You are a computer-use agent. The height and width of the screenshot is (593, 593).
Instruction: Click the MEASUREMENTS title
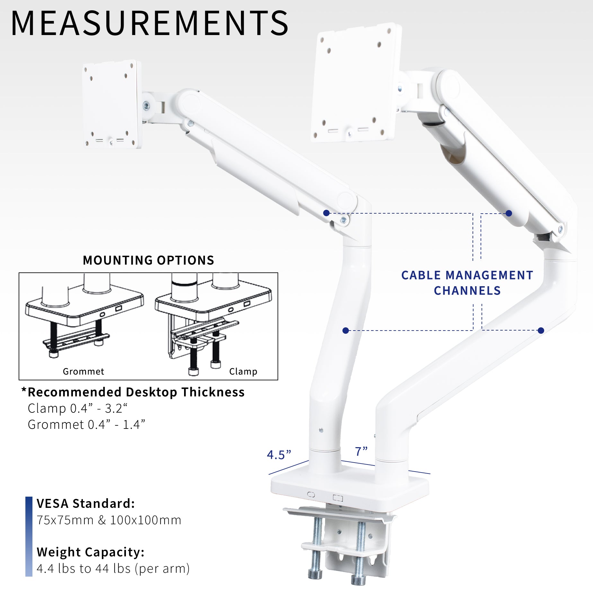coord(149,23)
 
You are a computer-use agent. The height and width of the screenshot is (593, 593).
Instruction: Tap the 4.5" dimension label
coord(279,455)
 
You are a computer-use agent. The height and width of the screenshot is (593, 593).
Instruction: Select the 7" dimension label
coord(361,451)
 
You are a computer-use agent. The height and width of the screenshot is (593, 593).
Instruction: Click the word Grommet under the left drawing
coord(84,371)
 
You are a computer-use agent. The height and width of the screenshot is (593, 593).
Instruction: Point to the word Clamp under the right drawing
coord(243,371)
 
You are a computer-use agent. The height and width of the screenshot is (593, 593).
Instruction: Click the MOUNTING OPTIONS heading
coord(148,260)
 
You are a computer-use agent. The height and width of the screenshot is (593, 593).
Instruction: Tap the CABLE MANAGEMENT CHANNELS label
coord(467,283)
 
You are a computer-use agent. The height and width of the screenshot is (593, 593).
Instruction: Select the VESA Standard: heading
coord(86,504)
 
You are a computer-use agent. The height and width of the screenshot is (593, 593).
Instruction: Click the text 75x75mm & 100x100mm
coord(109,520)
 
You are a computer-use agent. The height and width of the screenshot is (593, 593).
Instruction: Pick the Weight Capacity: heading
coord(91,552)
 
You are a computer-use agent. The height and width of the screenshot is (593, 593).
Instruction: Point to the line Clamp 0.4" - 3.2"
coord(77,408)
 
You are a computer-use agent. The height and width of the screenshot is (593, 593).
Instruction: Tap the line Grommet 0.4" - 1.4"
coord(86,424)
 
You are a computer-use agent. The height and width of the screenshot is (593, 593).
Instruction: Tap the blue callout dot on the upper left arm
coord(326,213)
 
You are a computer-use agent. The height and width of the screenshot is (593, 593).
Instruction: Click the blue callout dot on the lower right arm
coord(541,330)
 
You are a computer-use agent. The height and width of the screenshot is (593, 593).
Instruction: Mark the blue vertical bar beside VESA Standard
coord(29,536)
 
